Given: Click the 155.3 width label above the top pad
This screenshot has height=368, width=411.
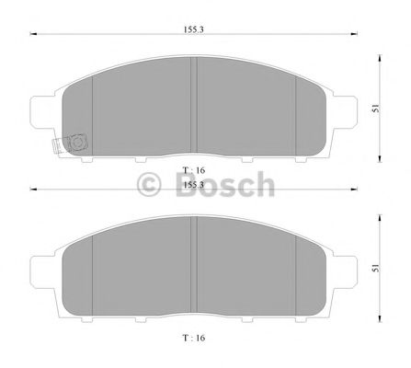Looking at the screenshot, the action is point(194,29).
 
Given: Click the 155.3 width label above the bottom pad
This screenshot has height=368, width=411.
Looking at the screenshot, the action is point(194,185).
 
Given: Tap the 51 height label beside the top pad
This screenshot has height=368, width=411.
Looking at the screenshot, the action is point(375,109).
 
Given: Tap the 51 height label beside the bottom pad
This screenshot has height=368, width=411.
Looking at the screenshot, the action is point(375,269).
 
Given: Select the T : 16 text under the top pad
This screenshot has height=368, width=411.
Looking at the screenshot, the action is point(194,170).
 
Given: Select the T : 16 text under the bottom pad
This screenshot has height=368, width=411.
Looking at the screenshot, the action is point(194,338).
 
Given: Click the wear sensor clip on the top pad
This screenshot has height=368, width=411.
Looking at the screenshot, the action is point(70,144).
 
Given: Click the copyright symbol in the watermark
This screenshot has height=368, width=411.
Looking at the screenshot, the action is point(149,184).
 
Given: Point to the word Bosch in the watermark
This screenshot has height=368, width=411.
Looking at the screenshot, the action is point(225,184).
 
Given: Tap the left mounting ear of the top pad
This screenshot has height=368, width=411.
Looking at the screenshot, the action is point(42,111).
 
